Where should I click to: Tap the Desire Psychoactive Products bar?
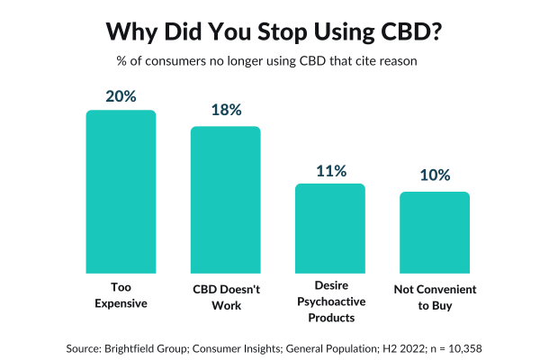(x=330, y=229)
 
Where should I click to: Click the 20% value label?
(x=121, y=95)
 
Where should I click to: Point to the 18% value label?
(x=225, y=111)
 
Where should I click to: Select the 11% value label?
(x=330, y=169)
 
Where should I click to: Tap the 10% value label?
(x=435, y=176)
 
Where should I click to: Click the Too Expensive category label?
(x=121, y=296)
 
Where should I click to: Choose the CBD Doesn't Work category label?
(x=225, y=296)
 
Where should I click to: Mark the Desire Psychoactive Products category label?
(x=330, y=303)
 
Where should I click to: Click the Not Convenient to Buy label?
(x=435, y=296)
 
